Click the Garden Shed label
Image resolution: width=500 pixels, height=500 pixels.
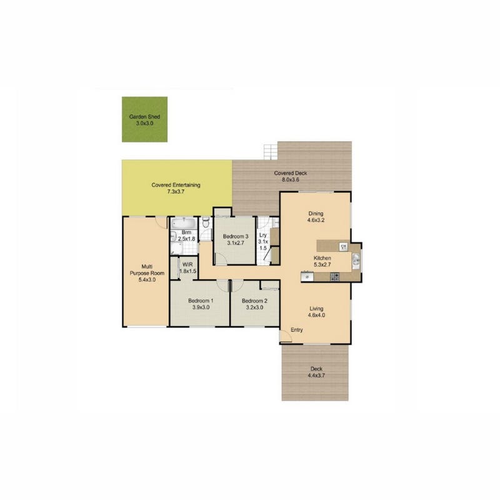click(x=144, y=117)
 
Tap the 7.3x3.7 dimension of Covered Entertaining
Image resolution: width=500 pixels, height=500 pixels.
click(x=176, y=192)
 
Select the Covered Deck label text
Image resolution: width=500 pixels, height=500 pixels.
click(x=291, y=173)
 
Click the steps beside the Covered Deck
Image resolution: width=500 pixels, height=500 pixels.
click(x=271, y=152)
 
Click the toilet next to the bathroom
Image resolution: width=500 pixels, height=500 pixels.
click(x=206, y=222)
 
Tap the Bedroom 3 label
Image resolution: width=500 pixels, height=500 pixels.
click(x=236, y=236)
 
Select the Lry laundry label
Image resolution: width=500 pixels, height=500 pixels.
click(x=263, y=235)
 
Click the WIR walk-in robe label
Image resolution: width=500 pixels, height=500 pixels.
click(x=187, y=264)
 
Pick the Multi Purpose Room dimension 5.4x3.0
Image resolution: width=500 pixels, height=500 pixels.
click(x=147, y=279)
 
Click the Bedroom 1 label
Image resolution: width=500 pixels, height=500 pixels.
click(x=201, y=301)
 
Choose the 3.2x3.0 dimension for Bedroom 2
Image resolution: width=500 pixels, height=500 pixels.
click(x=254, y=307)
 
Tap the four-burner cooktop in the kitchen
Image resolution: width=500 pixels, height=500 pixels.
click(x=335, y=276)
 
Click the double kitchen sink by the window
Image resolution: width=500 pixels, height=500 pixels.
click(x=356, y=259)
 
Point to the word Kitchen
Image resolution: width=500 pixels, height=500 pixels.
click(x=322, y=258)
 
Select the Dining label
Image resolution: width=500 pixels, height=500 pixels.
click(x=316, y=214)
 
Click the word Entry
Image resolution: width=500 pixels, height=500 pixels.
click(x=296, y=330)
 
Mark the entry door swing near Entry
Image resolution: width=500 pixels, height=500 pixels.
click(x=286, y=337)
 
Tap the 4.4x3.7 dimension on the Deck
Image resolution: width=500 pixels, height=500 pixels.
click(x=316, y=376)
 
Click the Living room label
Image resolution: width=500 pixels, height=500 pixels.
click(x=316, y=309)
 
